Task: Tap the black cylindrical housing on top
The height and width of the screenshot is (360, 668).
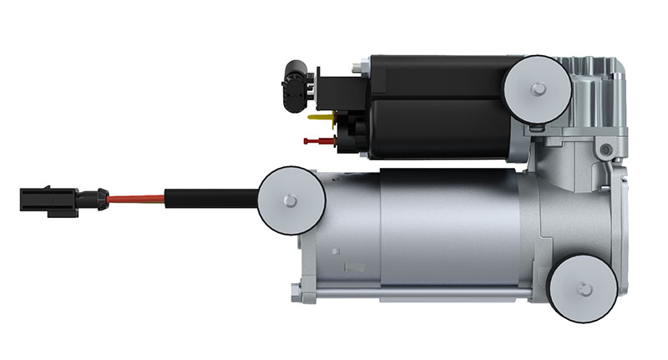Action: [434, 106]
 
